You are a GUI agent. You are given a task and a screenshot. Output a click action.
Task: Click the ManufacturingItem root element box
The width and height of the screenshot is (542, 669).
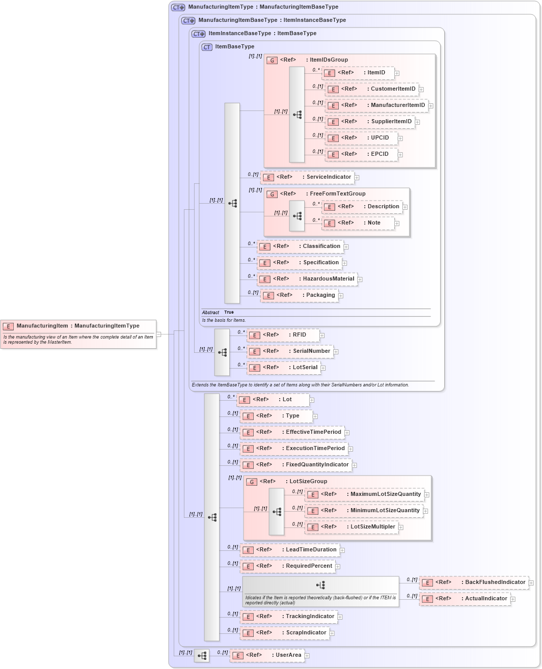coord(78,333)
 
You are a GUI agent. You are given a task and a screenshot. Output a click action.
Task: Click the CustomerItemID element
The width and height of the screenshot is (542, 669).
coord(372,89)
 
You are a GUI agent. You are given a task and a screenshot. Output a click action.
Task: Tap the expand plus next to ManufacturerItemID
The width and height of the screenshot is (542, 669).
coord(431,106)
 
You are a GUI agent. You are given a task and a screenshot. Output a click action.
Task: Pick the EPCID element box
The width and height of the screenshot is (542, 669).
coord(361,154)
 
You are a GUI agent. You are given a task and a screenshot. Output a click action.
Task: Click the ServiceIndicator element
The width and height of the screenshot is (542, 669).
coord(307,177)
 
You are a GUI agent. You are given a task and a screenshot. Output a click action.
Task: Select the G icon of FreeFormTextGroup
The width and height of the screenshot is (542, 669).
coord(272,194)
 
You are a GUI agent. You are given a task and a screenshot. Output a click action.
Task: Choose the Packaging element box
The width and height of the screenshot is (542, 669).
coord(299,295)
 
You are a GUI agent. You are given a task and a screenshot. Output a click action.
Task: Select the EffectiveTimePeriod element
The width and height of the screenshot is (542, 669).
coord(292,432)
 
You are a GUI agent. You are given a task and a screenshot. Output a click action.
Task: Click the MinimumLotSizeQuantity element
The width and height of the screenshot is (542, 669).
coord(364,511)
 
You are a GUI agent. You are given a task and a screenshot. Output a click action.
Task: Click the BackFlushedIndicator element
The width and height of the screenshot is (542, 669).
coord(474,582)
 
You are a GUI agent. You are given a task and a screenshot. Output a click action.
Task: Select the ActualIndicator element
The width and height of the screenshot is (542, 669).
coord(465,599)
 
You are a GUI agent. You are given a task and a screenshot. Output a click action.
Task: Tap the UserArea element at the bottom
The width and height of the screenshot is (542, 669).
coord(267,655)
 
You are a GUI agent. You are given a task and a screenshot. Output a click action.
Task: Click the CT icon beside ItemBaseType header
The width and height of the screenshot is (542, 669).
coord(207,47)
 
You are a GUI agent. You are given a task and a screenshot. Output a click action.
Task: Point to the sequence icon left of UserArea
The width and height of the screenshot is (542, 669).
coord(202,656)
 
